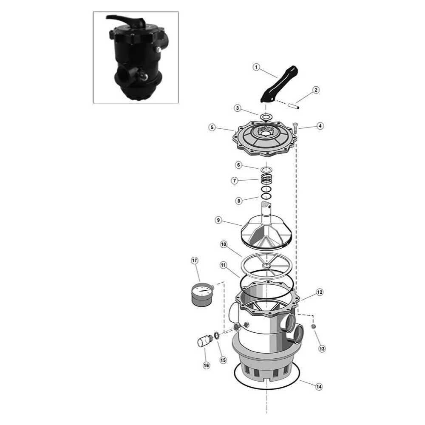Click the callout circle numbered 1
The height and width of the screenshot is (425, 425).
(256, 67)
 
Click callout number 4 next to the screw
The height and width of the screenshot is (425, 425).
(320, 126)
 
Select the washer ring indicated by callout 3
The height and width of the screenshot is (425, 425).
(266, 116)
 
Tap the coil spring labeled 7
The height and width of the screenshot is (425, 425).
(266, 180)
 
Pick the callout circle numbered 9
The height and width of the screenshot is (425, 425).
(218, 220)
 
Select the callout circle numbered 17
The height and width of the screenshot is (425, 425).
(195, 261)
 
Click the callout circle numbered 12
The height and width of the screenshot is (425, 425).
(320, 293)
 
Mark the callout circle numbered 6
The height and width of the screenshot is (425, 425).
(238, 164)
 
